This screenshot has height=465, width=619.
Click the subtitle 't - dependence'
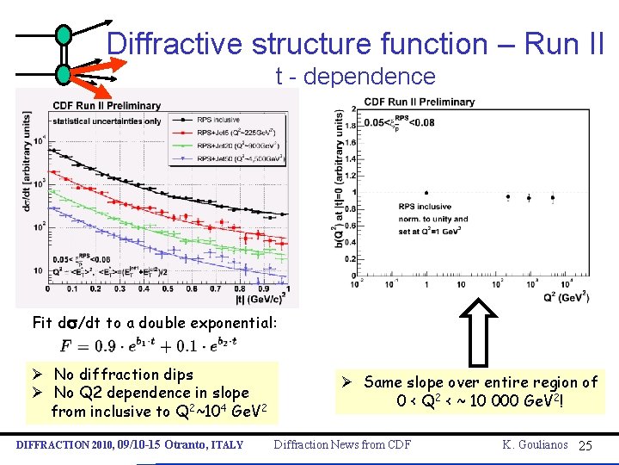(x=355, y=77)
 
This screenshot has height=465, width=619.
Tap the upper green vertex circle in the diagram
(x=64, y=35)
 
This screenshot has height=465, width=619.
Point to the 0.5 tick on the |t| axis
(x=179, y=288)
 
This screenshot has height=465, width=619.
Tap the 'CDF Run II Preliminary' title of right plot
(x=419, y=102)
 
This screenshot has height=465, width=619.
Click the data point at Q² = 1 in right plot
(x=426, y=193)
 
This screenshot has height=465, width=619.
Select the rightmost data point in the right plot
(x=552, y=197)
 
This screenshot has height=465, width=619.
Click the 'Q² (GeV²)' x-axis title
(x=565, y=296)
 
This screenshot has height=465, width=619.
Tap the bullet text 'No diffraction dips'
(x=123, y=375)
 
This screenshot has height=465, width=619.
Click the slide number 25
(x=585, y=445)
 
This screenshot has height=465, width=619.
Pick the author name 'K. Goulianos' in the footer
(x=536, y=445)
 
